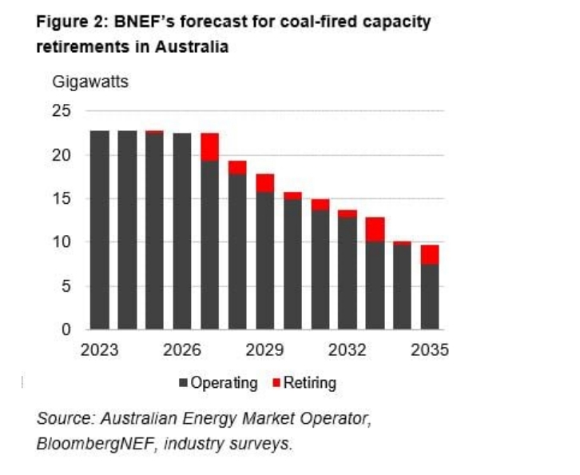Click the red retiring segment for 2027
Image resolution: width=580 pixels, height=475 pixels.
click(210, 147)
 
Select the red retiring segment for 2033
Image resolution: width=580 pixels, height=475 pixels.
click(375, 230)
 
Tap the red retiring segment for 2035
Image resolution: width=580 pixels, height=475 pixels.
click(431, 254)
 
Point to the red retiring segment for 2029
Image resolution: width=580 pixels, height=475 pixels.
click(265, 183)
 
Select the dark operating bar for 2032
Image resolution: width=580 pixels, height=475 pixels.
click(348, 273)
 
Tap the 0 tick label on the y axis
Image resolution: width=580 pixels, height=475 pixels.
click(67, 329)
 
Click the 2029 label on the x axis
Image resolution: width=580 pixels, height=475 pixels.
click(264, 350)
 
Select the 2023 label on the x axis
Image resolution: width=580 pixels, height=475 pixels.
click(99, 350)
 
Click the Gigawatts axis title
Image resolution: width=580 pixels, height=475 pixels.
click(90, 82)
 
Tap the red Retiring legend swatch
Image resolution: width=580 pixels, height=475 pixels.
click(276, 383)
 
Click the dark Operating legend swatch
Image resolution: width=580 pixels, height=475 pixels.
click(182, 383)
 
